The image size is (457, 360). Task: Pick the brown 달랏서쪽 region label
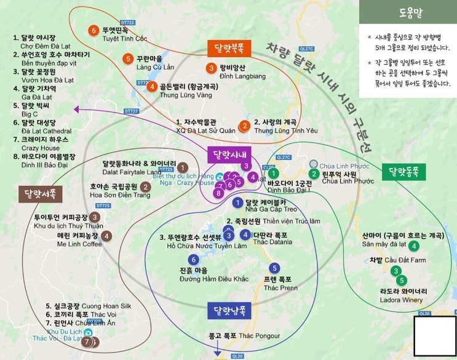[x=39, y=194]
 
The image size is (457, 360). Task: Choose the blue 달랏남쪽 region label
[x=229, y=310]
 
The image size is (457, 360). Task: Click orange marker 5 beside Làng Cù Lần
[x=127, y=58]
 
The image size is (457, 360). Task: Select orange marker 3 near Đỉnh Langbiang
[x=211, y=68]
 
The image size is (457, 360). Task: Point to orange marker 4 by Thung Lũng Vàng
[x=151, y=87]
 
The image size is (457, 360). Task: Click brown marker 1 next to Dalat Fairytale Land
[x=183, y=167]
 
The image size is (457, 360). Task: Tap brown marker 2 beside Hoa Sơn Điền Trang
[x=145, y=187]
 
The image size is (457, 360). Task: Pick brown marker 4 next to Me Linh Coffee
[x=106, y=235]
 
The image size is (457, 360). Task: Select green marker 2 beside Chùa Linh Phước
[x=314, y=174]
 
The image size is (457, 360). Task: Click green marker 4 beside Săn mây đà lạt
[x=414, y=246]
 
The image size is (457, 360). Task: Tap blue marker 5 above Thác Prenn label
[x=274, y=268]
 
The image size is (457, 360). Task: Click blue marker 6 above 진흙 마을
[x=193, y=260]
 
